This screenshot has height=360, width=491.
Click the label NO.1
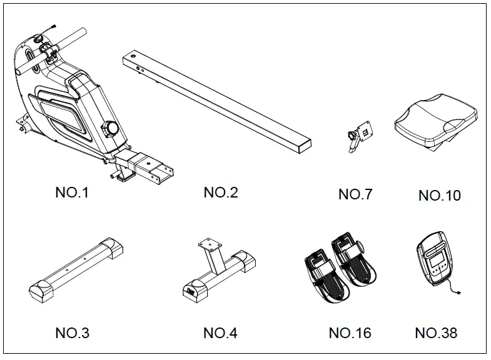coord(72,192)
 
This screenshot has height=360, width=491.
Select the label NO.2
coord(221,192)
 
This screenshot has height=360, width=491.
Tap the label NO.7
coord(355,194)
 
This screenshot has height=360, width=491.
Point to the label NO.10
coord(439,196)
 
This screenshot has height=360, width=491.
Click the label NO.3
coord(72,333)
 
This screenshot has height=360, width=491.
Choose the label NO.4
coord(221,333)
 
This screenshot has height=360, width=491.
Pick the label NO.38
coord(436,333)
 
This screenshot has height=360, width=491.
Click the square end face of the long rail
coord(305,146)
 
